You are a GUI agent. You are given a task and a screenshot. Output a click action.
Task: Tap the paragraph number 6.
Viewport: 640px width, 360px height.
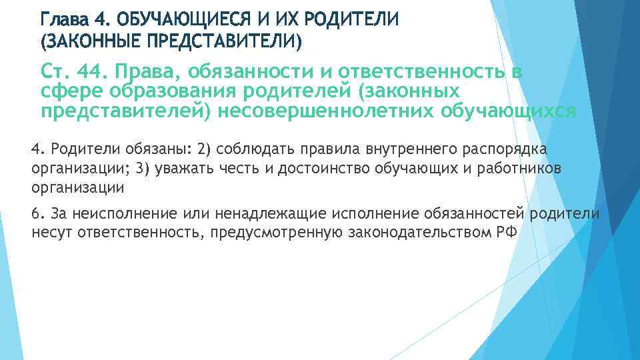coord(36,213)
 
